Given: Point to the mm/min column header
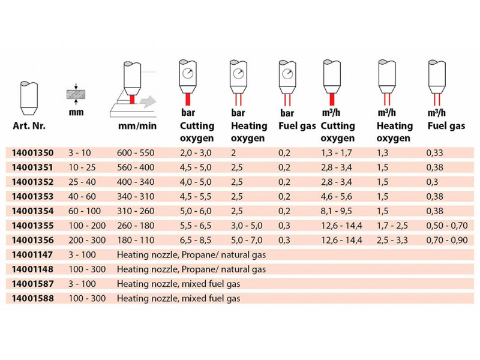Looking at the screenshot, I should point(137,127).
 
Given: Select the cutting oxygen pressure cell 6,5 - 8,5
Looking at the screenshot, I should point(195,241).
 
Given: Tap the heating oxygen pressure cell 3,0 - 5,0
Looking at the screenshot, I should point(245,226).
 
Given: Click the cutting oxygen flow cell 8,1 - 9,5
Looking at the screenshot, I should point(338,212).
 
